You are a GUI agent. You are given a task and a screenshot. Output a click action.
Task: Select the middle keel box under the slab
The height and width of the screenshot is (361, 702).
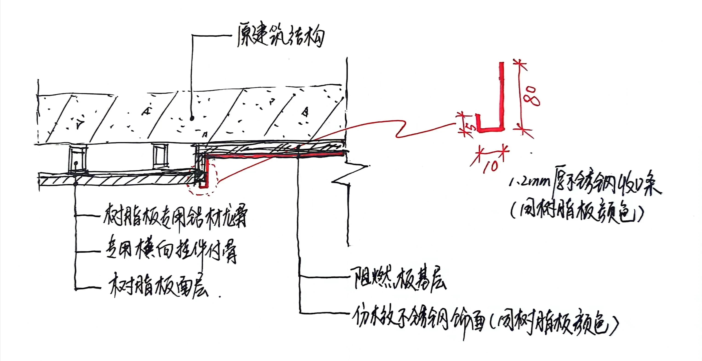pyautogui.click(x=160, y=157)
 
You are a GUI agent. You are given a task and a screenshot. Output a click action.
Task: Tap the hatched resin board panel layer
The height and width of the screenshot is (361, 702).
pyautogui.click(x=114, y=181)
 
